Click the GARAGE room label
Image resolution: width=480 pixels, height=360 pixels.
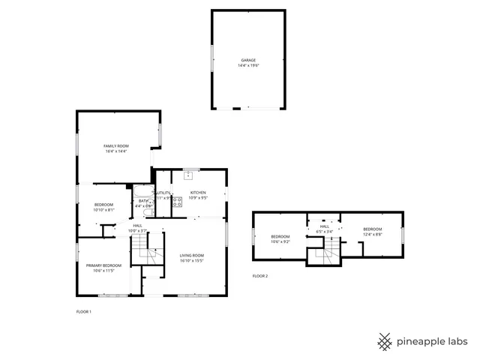[x=248, y=60]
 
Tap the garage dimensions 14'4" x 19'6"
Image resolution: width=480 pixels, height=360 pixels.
[x=248, y=65]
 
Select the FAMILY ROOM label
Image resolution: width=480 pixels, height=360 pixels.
[x=116, y=145]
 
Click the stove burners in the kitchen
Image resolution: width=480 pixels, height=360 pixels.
[x=178, y=201]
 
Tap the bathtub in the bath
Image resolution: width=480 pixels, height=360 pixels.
[x=143, y=193]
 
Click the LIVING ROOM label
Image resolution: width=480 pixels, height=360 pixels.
[x=192, y=256]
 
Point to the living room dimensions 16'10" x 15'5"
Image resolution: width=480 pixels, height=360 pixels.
[x=192, y=261]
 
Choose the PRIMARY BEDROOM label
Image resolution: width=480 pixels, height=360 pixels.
[x=103, y=265]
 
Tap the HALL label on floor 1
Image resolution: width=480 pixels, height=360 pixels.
[x=138, y=226]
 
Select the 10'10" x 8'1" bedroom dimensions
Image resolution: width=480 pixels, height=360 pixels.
[x=103, y=210]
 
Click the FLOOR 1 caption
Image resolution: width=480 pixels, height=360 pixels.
[x=83, y=311]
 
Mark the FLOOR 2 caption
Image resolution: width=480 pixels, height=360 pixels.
[x=259, y=276]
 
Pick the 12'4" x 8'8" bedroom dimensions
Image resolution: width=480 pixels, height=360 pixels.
[x=373, y=234]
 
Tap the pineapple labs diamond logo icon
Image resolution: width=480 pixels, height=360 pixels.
[x=385, y=341]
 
